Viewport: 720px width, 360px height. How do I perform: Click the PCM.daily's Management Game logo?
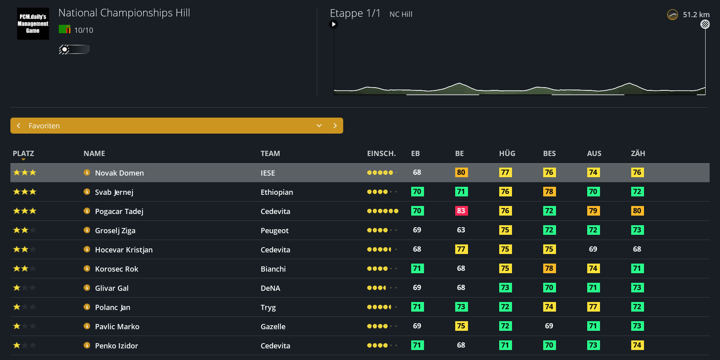click(33, 24)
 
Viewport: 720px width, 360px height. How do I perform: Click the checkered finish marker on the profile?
click(705, 24)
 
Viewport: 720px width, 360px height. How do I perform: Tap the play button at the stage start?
click(333, 24)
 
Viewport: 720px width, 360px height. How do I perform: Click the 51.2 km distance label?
click(696, 14)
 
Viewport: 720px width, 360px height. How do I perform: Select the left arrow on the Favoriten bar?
click(18, 126)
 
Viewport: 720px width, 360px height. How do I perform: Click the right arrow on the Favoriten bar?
click(335, 126)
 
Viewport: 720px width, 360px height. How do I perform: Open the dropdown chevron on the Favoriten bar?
click(319, 126)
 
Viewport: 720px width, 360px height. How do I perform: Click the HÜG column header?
click(507, 153)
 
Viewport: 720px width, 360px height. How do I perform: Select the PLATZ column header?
click(23, 153)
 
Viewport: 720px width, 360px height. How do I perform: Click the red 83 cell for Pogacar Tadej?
click(461, 211)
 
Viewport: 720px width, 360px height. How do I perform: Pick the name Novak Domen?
click(119, 173)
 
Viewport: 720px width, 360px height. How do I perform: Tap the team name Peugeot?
click(274, 230)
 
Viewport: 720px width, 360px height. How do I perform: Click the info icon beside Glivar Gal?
click(87, 288)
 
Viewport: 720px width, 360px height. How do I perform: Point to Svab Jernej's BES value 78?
click(549, 192)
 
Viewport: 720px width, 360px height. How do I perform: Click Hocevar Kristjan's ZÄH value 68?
click(637, 249)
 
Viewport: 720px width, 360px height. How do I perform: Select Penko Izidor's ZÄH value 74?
click(637, 345)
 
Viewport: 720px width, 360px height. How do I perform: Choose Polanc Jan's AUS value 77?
click(593, 307)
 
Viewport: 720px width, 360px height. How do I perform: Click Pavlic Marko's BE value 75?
click(461, 326)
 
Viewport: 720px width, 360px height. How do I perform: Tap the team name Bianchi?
click(273, 269)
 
